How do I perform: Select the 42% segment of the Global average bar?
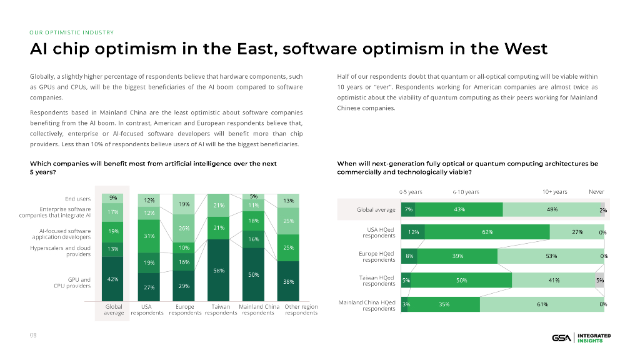(114, 279)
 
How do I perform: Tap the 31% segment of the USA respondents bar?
(149, 236)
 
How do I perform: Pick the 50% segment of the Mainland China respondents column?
(254, 275)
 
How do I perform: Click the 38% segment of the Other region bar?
(288, 281)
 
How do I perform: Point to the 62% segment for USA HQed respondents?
(487, 232)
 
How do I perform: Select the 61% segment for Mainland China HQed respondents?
(541, 304)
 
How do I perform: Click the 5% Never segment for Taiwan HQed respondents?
(599, 281)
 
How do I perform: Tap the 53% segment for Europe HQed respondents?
(551, 256)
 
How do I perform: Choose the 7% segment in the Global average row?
(408, 209)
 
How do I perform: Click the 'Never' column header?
(596, 192)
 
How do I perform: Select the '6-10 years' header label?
(466, 192)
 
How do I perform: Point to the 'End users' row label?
(78, 199)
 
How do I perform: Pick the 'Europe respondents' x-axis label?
(185, 309)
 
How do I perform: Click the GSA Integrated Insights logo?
(581, 338)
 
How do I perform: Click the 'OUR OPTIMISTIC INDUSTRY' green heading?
(71, 32)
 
